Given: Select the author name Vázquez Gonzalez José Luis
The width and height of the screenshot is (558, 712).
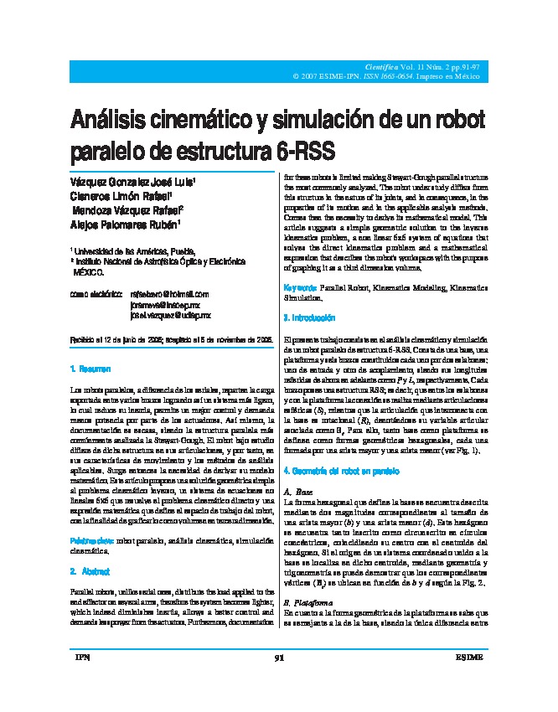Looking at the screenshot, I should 133,181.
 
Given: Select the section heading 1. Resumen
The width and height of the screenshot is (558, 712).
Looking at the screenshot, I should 90,369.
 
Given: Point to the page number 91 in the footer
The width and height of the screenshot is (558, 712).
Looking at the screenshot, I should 279,681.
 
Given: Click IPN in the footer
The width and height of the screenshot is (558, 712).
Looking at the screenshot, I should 82,681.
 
